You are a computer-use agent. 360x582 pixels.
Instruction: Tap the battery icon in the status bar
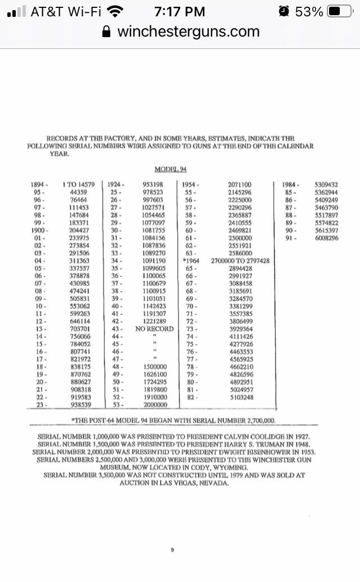[x=340, y=11]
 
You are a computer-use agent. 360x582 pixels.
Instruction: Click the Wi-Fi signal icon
[x=116, y=11]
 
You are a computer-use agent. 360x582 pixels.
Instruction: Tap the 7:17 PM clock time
[x=180, y=11]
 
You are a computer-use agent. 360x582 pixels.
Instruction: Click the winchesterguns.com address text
[x=188, y=32]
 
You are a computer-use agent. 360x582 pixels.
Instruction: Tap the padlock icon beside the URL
[x=107, y=32]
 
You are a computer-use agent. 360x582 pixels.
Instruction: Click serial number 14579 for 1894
[x=89, y=184]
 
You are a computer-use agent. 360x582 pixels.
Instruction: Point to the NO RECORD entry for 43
[x=155, y=328]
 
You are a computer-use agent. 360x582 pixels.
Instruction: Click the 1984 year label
[x=290, y=185]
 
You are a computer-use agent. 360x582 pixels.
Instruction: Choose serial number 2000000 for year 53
[x=155, y=404]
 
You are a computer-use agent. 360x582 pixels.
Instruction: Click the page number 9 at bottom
[x=172, y=550]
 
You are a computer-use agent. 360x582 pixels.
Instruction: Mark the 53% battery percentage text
[x=309, y=11]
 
